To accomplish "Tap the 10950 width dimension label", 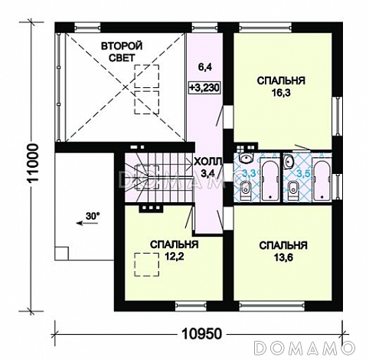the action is pos(201,333).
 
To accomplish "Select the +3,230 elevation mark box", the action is pos(204,88).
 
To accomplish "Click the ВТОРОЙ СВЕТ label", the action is pos(122,52).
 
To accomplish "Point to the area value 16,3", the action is pos(281,93).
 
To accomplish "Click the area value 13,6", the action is pos(283,257).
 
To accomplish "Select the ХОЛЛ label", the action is pos(207,162).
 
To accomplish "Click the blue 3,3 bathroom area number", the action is pos(249,173).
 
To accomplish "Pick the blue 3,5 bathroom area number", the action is pos(303,173).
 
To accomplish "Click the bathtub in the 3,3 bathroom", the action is pos(269,179).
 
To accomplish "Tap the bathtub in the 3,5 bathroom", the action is pos(322,179).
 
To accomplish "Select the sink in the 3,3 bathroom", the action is pos(246,159).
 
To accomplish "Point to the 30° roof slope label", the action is pos(92,216).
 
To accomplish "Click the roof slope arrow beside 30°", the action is pos(87,223).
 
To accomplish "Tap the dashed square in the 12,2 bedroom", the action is pos(147,264).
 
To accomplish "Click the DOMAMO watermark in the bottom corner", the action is pos(305,347).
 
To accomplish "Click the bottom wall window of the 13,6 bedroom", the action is pos(272,306).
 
